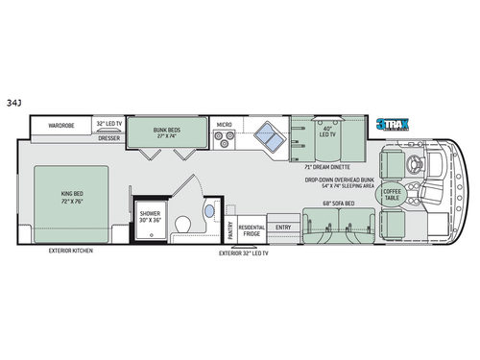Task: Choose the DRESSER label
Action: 109,137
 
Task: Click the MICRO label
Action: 224,124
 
